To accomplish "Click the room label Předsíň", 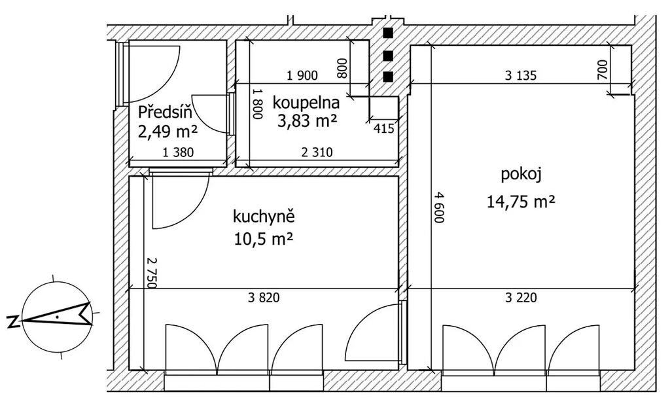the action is [x=164, y=112].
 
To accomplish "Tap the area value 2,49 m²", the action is [x=167, y=131].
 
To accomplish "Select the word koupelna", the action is [x=306, y=103].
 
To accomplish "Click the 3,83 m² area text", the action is [x=308, y=121].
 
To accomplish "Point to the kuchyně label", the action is [x=264, y=217].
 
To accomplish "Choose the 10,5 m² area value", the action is [x=263, y=238].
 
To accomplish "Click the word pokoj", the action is [x=521, y=175].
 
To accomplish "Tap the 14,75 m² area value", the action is [x=521, y=202].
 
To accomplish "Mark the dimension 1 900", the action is [x=302, y=76].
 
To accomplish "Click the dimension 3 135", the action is [x=520, y=76].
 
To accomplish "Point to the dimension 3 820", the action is [x=264, y=298].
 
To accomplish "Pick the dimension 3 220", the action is [x=521, y=298].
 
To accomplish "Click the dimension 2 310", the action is [x=317, y=152].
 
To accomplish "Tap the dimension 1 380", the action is [x=178, y=152].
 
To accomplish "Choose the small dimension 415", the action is [x=383, y=128].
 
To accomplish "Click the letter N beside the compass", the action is [x=13, y=322].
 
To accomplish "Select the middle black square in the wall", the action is [x=388, y=56].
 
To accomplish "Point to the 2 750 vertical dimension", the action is [x=152, y=273].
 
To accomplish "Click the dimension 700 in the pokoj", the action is [x=602, y=69].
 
